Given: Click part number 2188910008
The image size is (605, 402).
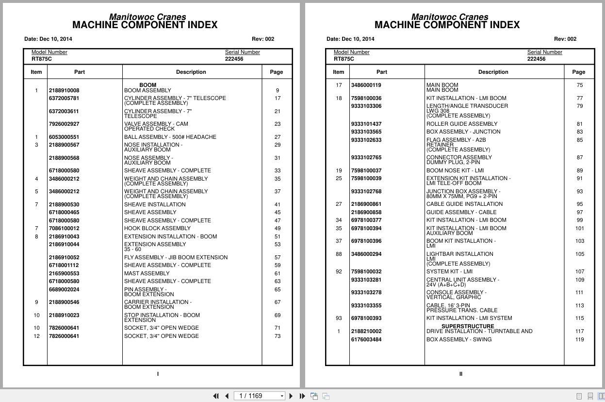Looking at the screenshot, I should [64, 90].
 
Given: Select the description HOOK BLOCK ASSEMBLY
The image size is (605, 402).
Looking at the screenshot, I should [157, 228].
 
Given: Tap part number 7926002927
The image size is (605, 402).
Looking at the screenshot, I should [64, 124].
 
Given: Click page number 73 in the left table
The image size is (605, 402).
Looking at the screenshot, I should [277, 336].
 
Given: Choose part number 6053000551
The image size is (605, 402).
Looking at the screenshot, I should [64, 137].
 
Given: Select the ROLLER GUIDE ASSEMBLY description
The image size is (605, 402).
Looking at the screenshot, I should [461, 124].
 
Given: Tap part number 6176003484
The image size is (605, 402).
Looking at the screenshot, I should [366, 339].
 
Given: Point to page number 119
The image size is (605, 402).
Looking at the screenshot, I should [579, 339].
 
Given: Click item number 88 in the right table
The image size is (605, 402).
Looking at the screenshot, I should [339, 254].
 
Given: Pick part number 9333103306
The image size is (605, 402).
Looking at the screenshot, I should [366, 106].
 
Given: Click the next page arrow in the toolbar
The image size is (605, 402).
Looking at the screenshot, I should [291, 396].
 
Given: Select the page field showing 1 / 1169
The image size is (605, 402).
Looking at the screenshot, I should [259, 396].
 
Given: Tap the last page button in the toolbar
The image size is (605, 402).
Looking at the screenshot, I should [302, 396].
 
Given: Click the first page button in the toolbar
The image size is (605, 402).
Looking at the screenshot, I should [216, 396].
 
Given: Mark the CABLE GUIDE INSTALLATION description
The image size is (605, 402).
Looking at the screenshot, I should [464, 204].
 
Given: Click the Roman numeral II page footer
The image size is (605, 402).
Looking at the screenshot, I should [460, 374].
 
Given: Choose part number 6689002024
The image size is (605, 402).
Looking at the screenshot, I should [64, 289].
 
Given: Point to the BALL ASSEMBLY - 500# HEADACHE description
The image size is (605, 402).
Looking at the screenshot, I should [170, 137].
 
